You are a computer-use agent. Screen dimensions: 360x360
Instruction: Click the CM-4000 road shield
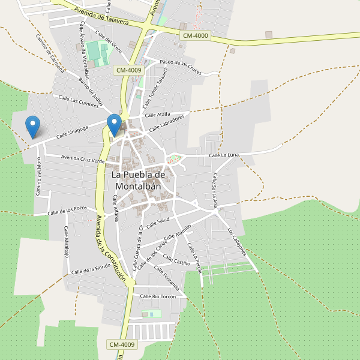point(196,36)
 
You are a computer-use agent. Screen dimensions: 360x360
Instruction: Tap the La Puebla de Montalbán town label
point(138,180)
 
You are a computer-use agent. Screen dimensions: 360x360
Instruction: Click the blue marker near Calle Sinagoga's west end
point(33,127)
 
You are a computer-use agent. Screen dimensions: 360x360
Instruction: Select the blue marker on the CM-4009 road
point(114,125)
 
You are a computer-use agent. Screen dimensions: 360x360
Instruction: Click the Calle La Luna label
point(224,155)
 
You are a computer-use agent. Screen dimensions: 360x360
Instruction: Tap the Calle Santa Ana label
point(215,190)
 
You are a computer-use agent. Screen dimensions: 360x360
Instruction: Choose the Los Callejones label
point(237,242)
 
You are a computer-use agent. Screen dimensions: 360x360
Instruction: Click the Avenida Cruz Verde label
point(83,159)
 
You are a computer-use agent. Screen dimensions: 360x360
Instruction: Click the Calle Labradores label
point(166,124)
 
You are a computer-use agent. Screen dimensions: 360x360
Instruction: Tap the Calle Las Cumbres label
point(78,101)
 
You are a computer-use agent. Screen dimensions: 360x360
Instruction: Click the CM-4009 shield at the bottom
point(122,344)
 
